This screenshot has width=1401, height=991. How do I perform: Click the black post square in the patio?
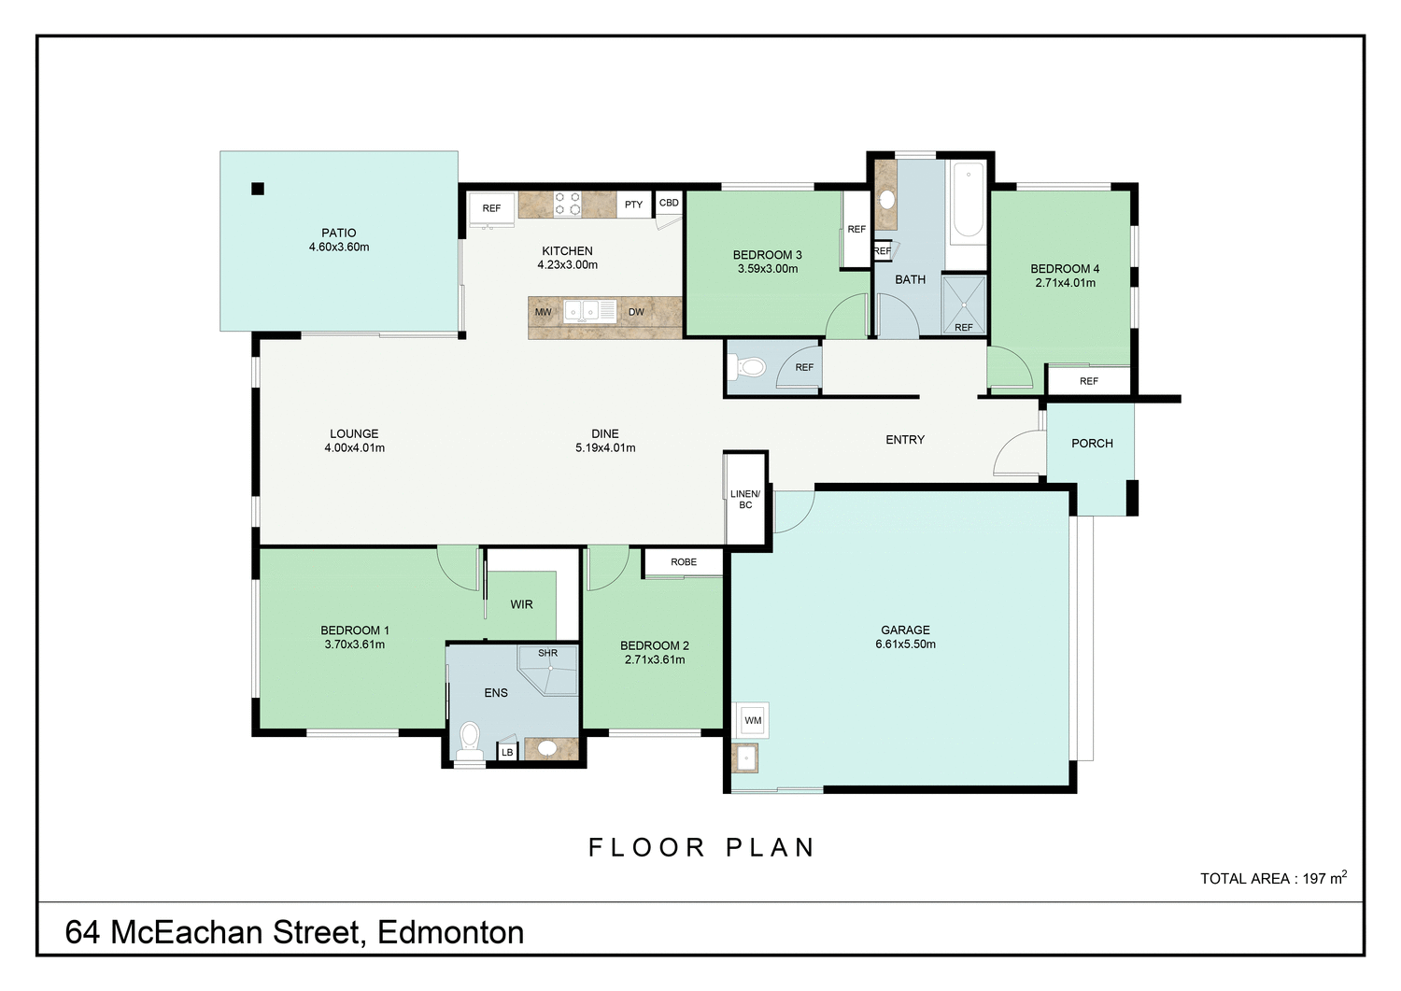pyautogui.click(x=258, y=189)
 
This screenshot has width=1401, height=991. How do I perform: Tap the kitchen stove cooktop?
pyautogui.click(x=568, y=204)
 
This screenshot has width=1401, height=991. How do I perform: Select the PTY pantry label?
pyautogui.click(x=633, y=205)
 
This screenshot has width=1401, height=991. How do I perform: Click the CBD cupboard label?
pyautogui.click(x=669, y=203)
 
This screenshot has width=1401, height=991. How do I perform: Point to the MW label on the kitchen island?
pyautogui.click(x=543, y=312)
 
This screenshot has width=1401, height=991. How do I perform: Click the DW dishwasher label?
pyautogui.click(x=636, y=312)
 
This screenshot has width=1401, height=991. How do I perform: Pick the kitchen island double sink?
pyautogui.click(x=582, y=310)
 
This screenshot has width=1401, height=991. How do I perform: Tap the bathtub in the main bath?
pyautogui.click(x=968, y=201)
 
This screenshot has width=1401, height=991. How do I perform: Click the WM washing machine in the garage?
pyautogui.click(x=753, y=720)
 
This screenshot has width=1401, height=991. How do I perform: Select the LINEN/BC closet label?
pyautogui.click(x=745, y=499)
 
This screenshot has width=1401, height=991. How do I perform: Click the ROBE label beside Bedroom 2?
pyautogui.click(x=684, y=562)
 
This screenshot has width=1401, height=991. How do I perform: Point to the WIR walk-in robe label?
pyautogui.click(x=521, y=604)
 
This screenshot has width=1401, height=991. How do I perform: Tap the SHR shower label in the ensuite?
pyautogui.click(x=547, y=653)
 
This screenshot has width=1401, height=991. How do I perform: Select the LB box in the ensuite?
pyautogui.click(x=507, y=752)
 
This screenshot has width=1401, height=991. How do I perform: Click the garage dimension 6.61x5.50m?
pyautogui.click(x=905, y=644)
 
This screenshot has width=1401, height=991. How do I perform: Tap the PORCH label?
pyautogui.click(x=1092, y=444)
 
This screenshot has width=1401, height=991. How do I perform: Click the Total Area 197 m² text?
pyautogui.click(x=1273, y=878)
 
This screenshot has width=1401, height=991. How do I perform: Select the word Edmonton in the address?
pyautogui.click(x=450, y=932)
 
